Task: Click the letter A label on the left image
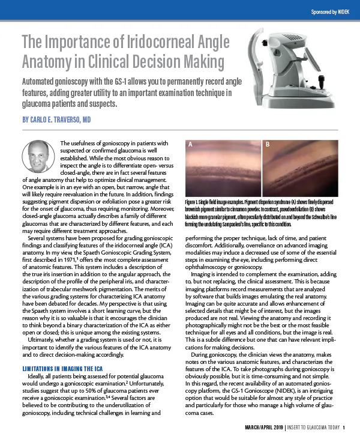tap(190, 145)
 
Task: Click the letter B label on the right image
tap(268, 145)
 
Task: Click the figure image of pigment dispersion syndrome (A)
tap(224, 171)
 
